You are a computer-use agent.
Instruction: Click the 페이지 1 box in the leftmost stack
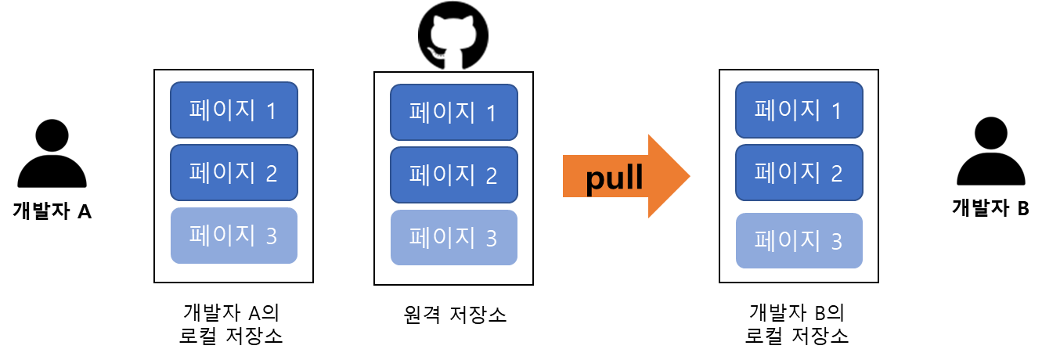pyautogui.click(x=234, y=110)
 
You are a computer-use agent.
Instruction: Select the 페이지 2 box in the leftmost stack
pyautogui.click(x=234, y=172)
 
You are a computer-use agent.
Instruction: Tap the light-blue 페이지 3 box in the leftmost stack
pyautogui.click(x=234, y=235)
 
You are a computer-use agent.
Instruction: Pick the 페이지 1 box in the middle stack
pyautogui.click(x=454, y=112)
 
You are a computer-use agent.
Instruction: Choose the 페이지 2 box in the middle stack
pyautogui.click(x=454, y=175)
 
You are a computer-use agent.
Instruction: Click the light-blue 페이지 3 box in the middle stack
pyautogui.click(x=454, y=237)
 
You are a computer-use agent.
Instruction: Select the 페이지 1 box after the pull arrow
pyautogui.click(x=799, y=110)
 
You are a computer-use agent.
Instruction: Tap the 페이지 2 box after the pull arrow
pyautogui.click(x=799, y=172)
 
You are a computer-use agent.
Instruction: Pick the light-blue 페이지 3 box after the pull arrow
pyautogui.click(x=799, y=240)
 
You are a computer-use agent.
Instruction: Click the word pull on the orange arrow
pyautogui.click(x=615, y=178)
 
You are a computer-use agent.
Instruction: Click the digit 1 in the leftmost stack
pyautogui.click(x=271, y=111)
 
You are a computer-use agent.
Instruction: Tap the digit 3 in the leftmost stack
pyautogui.click(x=271, y=236)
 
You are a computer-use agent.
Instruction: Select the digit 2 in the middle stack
pyautogui.click(x=491, y=176)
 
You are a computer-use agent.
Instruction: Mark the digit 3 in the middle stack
pyautogui.click(x=491, y=239)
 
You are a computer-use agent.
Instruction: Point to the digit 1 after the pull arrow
pyautogui.click(x=836, y=111)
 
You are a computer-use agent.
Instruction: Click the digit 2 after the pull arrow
pyautogui.click(x=836, y=174)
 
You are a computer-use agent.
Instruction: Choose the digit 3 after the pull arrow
pyautogui.click(x=836, y=242)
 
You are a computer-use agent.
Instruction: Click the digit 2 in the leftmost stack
pyautogui.click(x=271, y=174)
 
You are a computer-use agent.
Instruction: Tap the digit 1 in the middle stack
pyautogui.click(x=491, y=113)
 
